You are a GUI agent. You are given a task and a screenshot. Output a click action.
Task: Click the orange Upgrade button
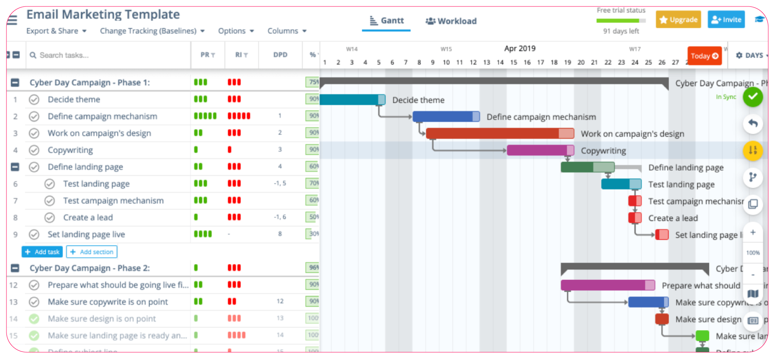point(678,20)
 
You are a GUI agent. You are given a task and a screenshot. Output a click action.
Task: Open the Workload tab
point(451,21)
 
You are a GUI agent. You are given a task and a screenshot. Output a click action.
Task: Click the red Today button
point(704,56)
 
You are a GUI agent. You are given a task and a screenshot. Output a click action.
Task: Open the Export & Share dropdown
point(56,31)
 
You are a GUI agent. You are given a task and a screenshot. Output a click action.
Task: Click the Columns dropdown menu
point(287,31)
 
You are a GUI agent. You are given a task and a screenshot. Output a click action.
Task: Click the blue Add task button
point(42,252)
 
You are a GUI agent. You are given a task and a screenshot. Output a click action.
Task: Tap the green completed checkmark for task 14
point(34,319)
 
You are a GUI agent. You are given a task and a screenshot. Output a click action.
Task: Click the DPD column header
point(280,55)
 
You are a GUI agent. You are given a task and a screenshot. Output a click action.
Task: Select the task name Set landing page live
point(86,234)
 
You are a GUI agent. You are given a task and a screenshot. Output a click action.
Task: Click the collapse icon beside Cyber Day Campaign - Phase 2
point(15,268)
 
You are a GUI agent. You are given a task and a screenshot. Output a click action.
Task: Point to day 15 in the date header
point(514,62)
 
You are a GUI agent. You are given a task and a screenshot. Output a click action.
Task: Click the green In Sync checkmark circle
point(753,97)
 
